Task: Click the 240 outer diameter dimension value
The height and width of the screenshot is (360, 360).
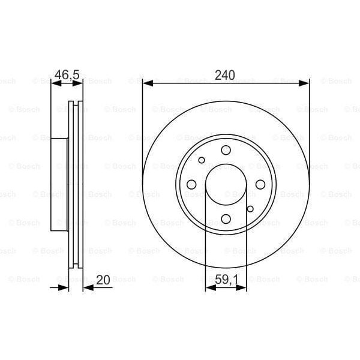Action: (x=226, y=76)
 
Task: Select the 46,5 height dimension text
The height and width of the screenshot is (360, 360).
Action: (x=67, y=76)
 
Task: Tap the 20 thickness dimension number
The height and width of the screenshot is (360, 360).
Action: (x=103, y=280)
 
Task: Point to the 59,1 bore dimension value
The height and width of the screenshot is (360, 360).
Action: (x=226, y=280)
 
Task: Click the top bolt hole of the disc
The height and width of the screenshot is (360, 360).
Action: (x=226, y=150)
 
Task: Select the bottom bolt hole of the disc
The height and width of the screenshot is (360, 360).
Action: (x=226, y=219)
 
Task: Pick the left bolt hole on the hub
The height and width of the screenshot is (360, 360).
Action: (x=191, y=185)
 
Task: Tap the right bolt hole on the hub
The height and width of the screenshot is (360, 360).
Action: (x=260, y=185)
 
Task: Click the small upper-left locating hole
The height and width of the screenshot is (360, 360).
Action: (x=202, y=160)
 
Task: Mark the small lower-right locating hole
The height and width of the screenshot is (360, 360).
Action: (x=250, y=209)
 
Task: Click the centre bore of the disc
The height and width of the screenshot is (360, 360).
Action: (x=226, y=185)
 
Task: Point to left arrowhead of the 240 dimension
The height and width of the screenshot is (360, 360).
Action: (x=146, y=84)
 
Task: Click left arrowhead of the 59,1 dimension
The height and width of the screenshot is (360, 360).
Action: (x=209, y=289)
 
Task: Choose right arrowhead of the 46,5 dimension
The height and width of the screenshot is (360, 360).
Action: (x=79, y=84)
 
